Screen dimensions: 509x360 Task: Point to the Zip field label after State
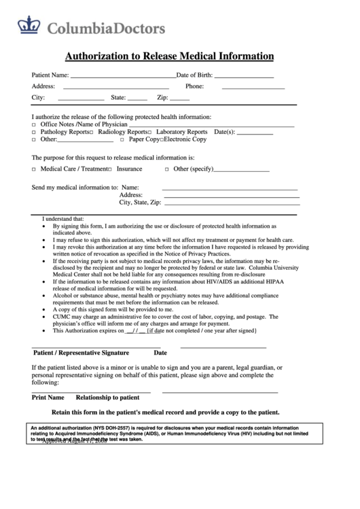[x=162, y=98]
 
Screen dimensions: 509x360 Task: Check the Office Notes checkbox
[x=35, y=125]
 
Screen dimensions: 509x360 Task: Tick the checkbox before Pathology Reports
[x=35, y=133]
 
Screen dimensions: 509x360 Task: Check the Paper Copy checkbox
[x=122, y=140]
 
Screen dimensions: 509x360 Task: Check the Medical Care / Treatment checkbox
[x=35, y=169]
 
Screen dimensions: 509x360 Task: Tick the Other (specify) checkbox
[x=167, y=169]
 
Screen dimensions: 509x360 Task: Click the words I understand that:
[x=63, y=220]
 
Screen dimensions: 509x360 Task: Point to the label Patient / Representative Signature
[x=81, y=353]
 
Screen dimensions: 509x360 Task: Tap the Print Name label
[x=48, y=398]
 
